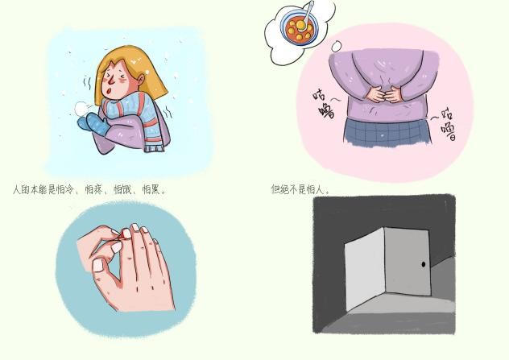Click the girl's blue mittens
point(93,124)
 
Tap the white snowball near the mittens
point(81,109)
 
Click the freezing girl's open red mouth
point(110,89)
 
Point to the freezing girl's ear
point(141,79)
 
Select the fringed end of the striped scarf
point(154,147)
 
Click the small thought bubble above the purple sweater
point(337,46)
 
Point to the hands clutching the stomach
point(385,94)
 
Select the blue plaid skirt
point(388,132)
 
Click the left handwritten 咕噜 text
point(324,104)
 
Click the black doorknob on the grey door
point(424,264)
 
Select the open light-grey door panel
point(365,269)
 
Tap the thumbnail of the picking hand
point(98,266)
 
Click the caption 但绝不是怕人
point(300,189)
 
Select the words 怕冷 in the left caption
point(65,189)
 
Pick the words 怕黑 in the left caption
point(151,189)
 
